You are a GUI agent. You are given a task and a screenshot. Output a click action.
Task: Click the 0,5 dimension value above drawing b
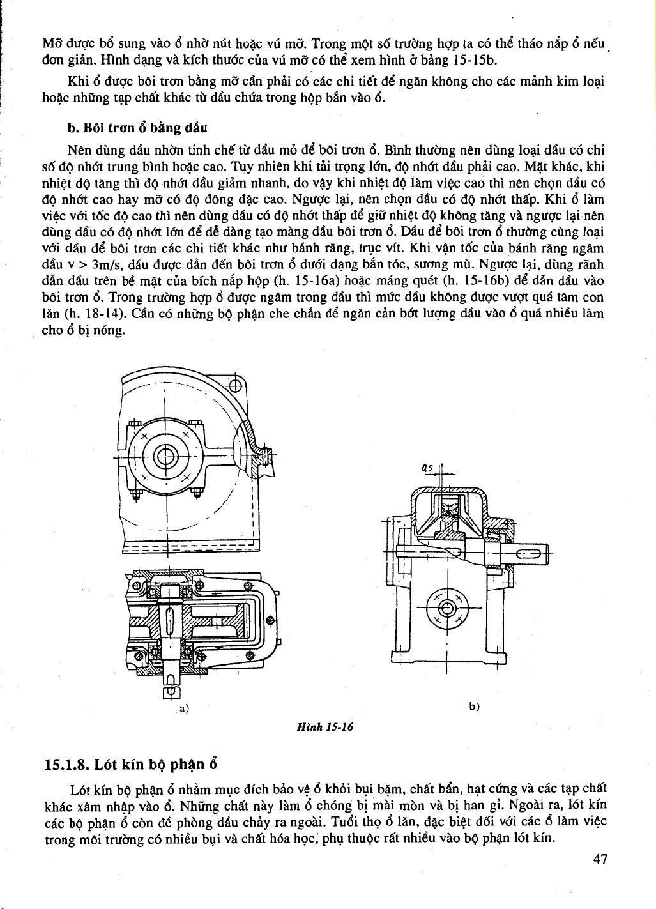(427, 468)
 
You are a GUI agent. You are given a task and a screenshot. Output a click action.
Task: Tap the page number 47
(600, 859)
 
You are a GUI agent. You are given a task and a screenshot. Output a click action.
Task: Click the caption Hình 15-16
(325, 727)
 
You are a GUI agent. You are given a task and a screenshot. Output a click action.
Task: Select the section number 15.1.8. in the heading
(66, 765)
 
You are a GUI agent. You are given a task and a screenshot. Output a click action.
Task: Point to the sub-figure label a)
(185, 708)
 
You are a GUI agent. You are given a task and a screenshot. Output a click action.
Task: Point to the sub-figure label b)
(474, 707)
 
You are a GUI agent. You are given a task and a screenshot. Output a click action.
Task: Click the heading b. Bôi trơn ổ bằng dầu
(137, 128)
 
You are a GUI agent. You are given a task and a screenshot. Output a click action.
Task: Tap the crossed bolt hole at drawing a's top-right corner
(235, 385)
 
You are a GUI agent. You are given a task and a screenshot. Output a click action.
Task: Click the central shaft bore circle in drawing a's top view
(165, 457)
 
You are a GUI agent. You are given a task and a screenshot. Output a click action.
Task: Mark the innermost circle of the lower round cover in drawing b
(446, 608)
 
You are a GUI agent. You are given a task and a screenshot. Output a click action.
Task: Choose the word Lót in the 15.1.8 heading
(105, 765)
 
